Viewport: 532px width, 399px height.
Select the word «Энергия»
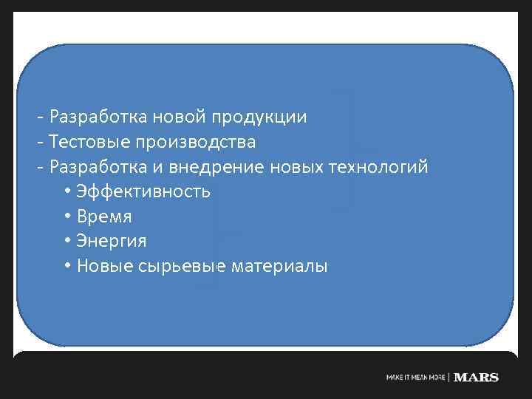(112, 242)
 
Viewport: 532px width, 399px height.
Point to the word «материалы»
(279, 267)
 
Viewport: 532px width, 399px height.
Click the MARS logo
(477, 378)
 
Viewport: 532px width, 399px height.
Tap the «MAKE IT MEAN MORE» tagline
(416, 378)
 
